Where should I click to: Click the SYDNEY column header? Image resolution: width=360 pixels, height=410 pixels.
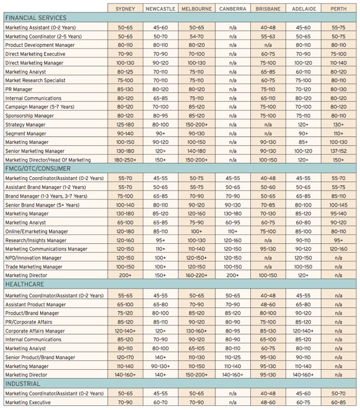point(125,9)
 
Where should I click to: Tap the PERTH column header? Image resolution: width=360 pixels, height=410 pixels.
point(338,9)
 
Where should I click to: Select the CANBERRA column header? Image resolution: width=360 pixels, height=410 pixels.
point(233,9)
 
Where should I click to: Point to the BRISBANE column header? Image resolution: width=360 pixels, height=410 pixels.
point(268,9)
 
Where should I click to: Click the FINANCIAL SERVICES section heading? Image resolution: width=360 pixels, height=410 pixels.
point(36,18)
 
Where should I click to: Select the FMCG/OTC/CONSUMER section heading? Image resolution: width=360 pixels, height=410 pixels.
point(38,169)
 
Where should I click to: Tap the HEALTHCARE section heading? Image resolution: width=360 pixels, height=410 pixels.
point(25,284)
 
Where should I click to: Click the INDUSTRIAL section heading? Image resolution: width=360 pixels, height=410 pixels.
point(23,384)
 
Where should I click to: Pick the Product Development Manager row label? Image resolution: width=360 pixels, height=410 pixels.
point(40,45)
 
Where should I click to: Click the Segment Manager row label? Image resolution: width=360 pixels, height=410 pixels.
point(26,134)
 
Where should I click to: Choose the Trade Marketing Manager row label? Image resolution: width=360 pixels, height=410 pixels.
point(34,267)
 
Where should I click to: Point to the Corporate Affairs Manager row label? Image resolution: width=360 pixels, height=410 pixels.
point(35,331)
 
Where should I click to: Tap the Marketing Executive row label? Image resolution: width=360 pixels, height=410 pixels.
point(28,402)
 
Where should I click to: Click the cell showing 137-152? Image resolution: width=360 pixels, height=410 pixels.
point(338,151)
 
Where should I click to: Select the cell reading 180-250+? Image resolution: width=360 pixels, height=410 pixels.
point(125,160)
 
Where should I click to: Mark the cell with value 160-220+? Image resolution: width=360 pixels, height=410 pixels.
point(197,276)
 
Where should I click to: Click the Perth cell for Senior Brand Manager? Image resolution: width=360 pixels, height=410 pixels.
point(338,205)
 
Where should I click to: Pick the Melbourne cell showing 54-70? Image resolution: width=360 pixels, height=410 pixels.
point(197,37)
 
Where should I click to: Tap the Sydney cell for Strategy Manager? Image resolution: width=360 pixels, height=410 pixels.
point(125,125)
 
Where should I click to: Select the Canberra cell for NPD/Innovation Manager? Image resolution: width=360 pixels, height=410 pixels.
point(233,258)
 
